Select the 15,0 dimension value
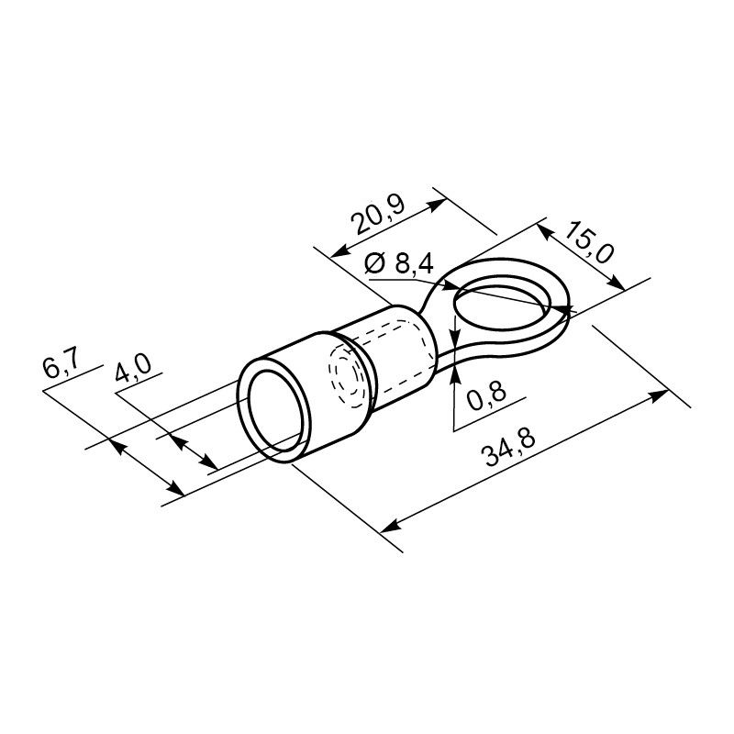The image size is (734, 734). [x=588, y=241]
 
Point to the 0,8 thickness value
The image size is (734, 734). [x=487, y=395]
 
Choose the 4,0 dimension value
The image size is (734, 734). [x=133, y=368]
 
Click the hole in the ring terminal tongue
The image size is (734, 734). [x=503, y=305]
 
